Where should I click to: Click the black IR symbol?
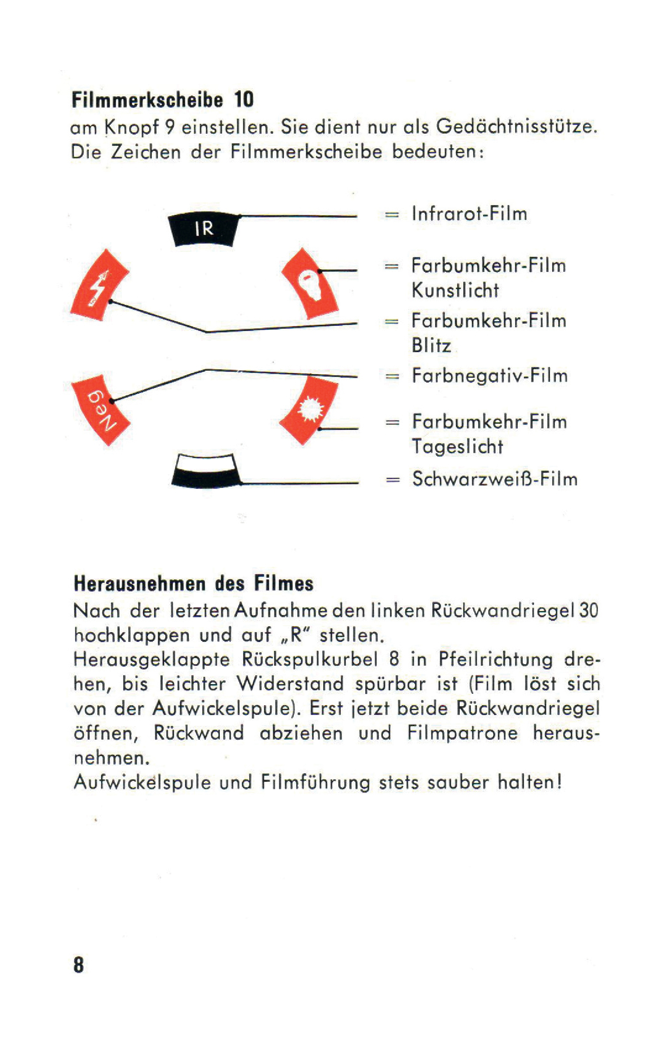[x=204, y=229]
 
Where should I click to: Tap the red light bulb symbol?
[x=309, y=283]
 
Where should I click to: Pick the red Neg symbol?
[x=100, y=409]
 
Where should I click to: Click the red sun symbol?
[x=308, y=409]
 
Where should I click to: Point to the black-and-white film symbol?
[x=206, y=470]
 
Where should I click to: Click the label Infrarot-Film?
[x=470, y=214]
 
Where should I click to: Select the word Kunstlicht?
[x=455, y=290]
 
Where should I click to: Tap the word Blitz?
[x=431, y=346]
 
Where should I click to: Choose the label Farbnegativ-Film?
[x=490, y=376]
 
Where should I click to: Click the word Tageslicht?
[x=457, y=447]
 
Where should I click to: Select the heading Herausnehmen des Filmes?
[x=193, y=583]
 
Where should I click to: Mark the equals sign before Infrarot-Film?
[x=392, y=215]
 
